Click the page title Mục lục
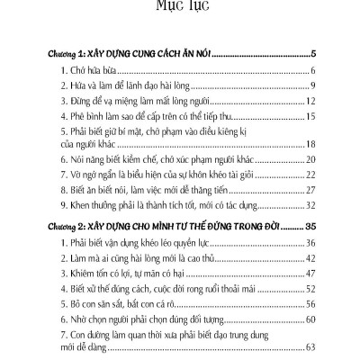(180, 11)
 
